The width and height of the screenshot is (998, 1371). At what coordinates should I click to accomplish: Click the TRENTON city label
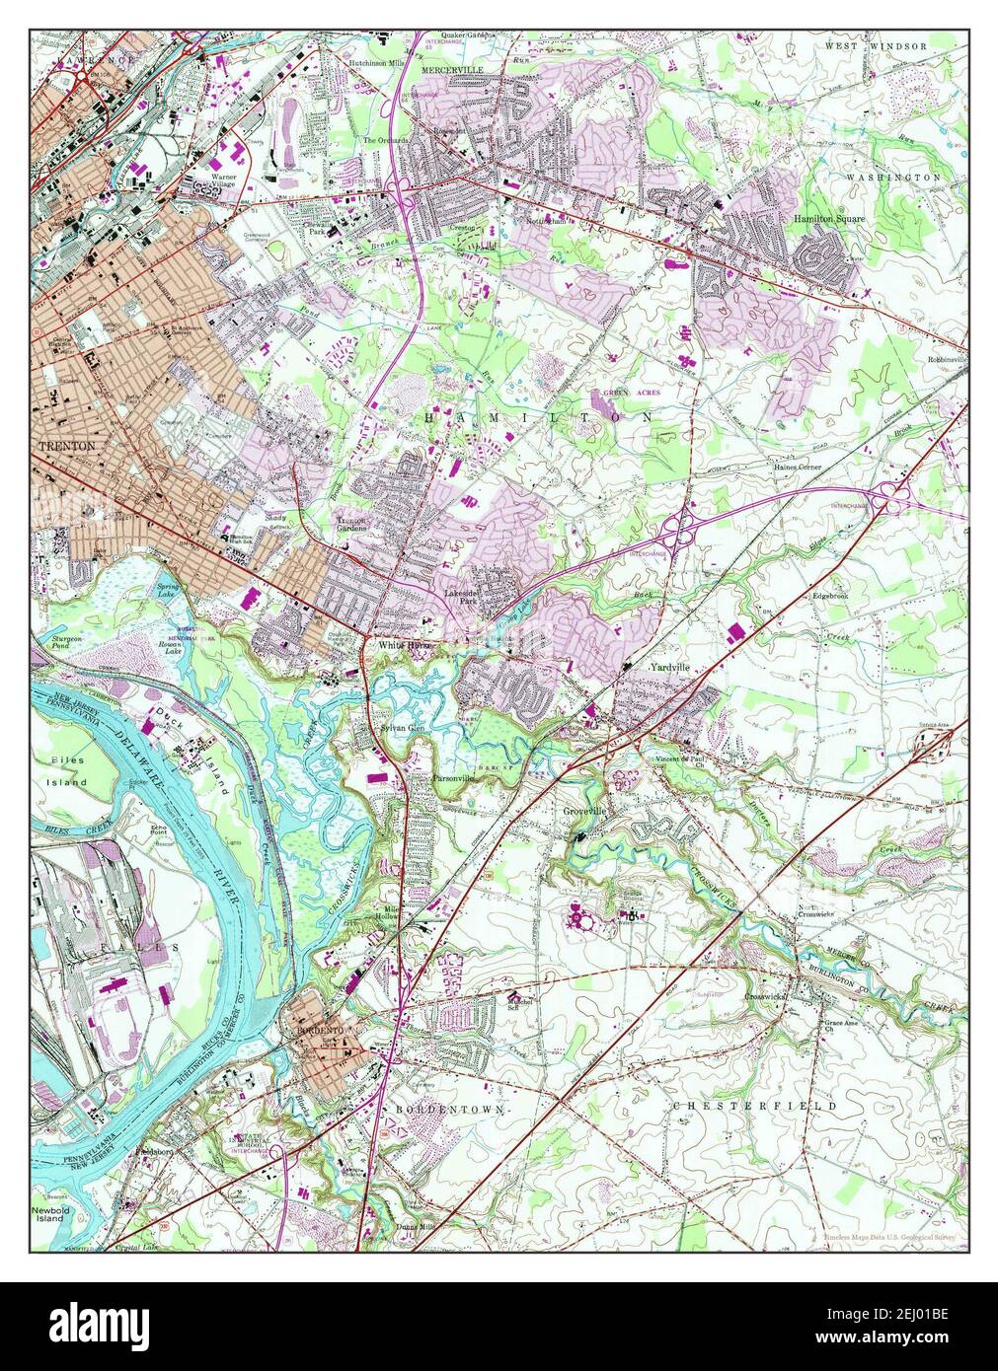click(x=67, y=447)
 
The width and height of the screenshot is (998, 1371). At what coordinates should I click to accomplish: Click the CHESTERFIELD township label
click(x=755, y=1107)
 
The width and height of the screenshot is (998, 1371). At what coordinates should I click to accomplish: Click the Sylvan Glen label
click(x=402, y=728)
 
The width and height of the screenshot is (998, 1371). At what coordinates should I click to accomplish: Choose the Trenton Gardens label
click(x=351, y=524)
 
